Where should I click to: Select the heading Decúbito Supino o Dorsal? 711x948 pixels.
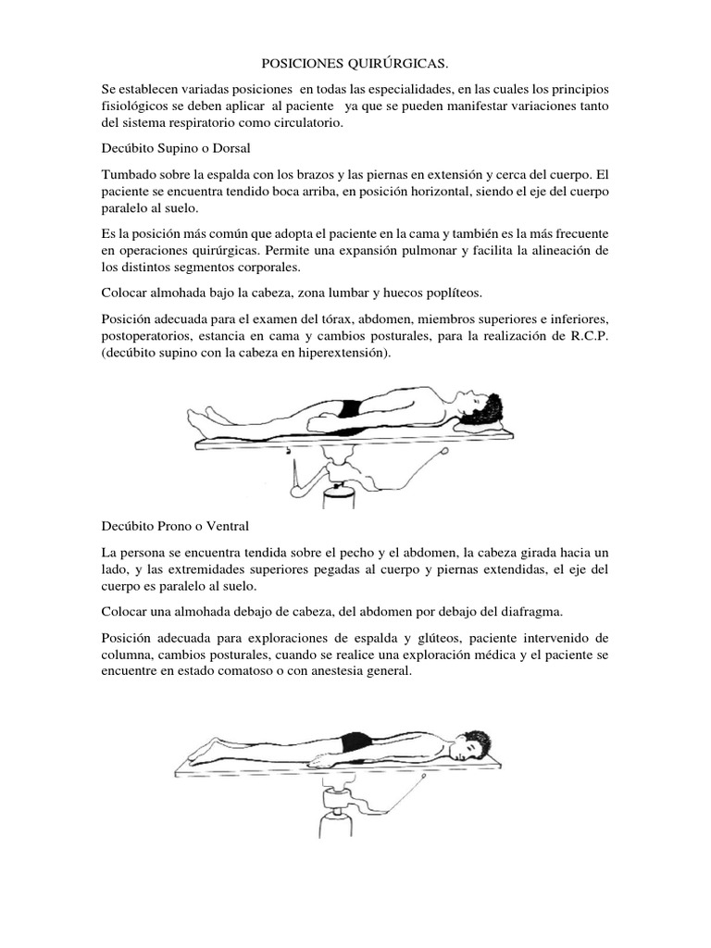(177, 148)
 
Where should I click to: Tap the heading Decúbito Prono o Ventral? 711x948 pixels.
(175, 527)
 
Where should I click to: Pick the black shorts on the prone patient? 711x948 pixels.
(355, 742)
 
